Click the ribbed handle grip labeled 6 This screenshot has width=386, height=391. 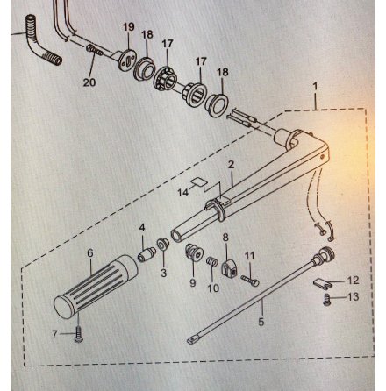click(96, 287)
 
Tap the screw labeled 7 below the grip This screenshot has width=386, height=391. click(79, 334)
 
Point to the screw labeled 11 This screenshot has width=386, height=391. click(250, 281)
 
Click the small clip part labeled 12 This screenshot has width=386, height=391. click(322, 283)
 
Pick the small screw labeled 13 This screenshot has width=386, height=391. click(327, 300)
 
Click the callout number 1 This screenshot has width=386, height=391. click(315, 87)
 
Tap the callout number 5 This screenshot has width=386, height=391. click(261, 322)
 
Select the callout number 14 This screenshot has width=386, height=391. click(183, 193)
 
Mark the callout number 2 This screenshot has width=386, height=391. click(231, 165)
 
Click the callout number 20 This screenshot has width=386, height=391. click(89, 82)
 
